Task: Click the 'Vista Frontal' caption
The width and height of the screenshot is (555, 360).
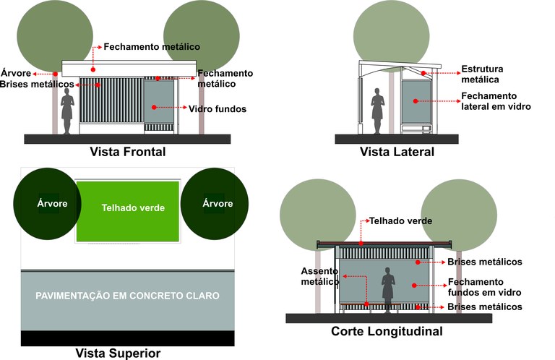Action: (x=128, y=152)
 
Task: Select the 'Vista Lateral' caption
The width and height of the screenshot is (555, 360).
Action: (x=397, y=152)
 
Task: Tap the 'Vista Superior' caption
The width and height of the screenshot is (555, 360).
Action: (x=118, y=353)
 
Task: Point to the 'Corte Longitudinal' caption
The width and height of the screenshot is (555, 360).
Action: (x=387, y=331)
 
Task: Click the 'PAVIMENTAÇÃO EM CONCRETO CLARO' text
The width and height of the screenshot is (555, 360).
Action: (x=127, y=296)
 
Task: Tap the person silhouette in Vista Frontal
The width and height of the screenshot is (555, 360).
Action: (x=68, y=109)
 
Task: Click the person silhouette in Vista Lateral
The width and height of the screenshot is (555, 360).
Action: (x=377, y=110)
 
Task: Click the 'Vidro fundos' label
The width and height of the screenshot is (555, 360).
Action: (x=218, y=109)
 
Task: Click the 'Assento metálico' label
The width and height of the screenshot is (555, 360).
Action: (x=315, y=276)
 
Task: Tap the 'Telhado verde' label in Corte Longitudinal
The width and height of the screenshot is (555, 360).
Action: (x=401, y=220)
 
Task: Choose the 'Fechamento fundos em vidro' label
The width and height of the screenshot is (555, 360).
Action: (x=484, y=287)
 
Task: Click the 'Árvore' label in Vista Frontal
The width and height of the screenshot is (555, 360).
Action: (x=16, y=73)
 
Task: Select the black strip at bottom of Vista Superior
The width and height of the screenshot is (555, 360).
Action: (x=127, y=338)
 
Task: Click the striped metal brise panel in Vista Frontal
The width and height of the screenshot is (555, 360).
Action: (x=110, y=105)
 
